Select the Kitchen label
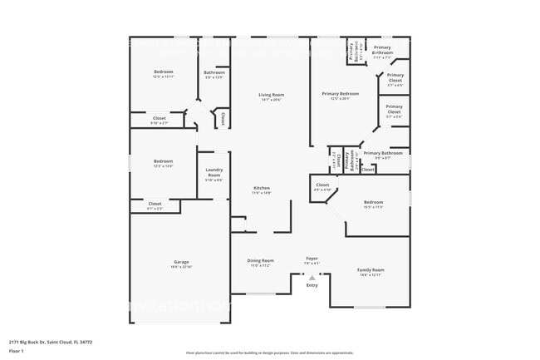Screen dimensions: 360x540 coord(262,188)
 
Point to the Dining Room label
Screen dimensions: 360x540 coord(260,260)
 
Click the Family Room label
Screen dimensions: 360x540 coord(371,269)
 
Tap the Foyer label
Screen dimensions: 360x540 coord(312,259)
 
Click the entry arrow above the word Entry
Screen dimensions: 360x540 coord(312,278)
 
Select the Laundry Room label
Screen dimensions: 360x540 coord(214,173)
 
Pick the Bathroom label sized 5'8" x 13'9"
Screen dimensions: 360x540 coord(214,72)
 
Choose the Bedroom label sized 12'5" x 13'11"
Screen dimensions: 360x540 coord(164,72)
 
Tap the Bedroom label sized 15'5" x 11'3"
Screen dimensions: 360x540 coord(373,202)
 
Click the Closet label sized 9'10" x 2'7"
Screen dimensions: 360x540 coord(159,118)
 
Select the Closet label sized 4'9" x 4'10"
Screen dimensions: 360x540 coord(322,185)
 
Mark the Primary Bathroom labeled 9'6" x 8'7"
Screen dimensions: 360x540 coord(383,153)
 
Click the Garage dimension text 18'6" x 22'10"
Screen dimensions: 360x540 coord(181,267)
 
